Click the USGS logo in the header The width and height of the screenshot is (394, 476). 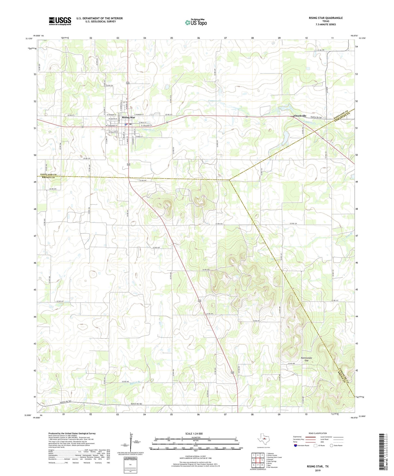click(60, 21)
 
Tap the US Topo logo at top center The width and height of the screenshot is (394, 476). click(196, 22)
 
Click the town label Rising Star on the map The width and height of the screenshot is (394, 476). click(128, 118)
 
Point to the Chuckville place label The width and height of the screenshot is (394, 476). click(300, 116)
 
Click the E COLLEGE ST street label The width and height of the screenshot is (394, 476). click(145, 125)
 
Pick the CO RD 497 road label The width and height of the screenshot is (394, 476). click(145, 180)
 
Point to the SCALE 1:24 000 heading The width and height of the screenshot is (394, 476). click(194, 433)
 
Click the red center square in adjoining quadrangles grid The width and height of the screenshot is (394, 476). click(258, 460)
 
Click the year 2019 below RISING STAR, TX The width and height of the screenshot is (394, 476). click(318, 470)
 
